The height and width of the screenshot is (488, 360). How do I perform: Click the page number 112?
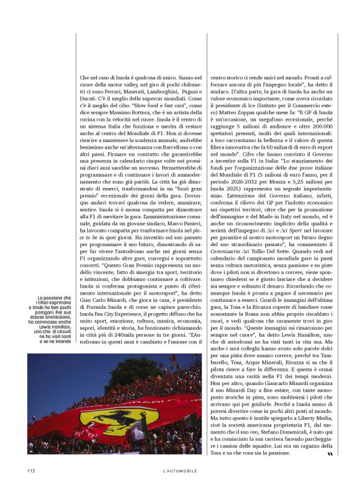(x=31, y=471)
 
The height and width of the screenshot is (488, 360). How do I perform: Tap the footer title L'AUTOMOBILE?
(x=179, y=471)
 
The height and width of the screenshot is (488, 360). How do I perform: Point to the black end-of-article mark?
(x=330, y=455)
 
